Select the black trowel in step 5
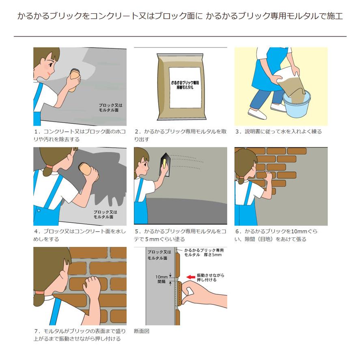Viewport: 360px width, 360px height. point(165,164)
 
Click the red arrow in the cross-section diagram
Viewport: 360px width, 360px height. point(190,277)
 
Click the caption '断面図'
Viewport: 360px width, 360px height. point(142,331)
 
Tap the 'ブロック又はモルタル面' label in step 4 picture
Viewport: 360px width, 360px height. point(105,214)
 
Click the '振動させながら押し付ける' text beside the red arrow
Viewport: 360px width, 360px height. point(210,278)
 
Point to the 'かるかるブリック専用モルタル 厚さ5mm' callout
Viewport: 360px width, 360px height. point(203,252)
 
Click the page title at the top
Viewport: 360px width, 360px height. point(180,17)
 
